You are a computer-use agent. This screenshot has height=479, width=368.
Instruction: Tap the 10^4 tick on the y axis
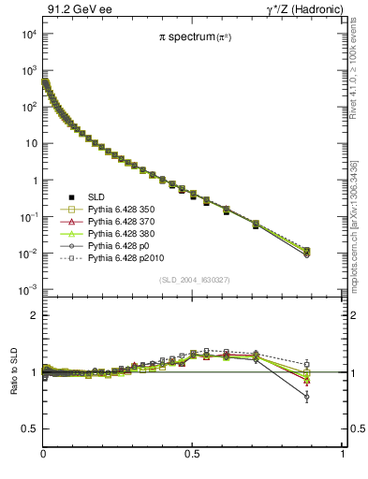pyautogui.click(x=29, y=34)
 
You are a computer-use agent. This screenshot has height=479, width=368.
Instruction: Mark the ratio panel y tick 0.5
pyautogui.click(x=31, y=428)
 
